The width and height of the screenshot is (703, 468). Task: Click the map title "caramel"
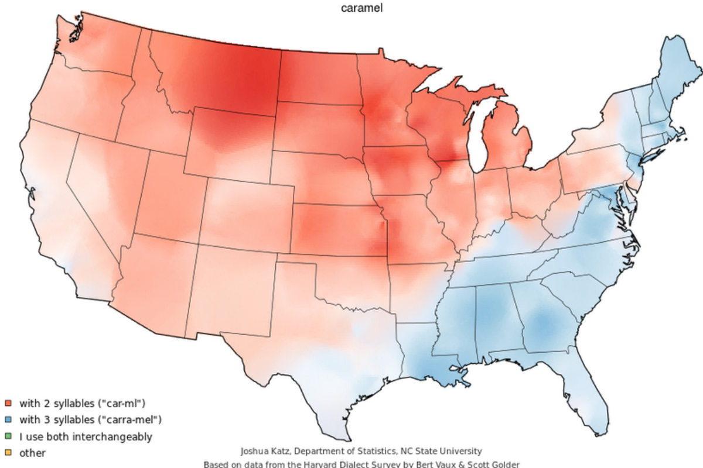[x=362, y=9]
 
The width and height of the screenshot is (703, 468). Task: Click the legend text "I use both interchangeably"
[x=86, y=436]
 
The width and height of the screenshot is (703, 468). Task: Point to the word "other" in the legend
[x=32, y=453]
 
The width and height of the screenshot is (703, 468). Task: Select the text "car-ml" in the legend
[x=125, y=403]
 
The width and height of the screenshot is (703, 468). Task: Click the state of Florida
[x=577, y=380]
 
